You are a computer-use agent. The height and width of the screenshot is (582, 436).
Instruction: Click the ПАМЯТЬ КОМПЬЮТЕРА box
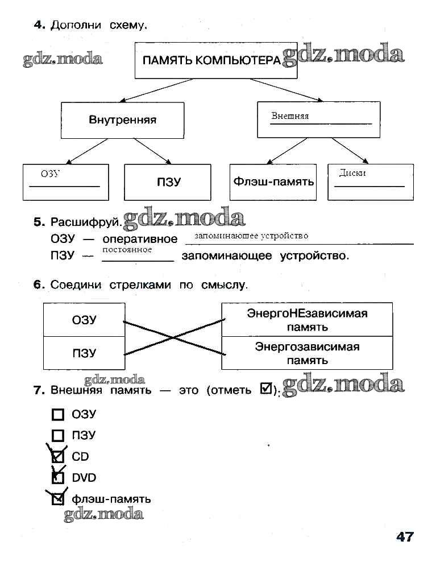click(215, 60)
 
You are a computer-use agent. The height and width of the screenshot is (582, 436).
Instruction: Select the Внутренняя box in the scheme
click(122, 120)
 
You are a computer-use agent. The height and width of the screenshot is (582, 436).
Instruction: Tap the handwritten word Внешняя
click(290, 116)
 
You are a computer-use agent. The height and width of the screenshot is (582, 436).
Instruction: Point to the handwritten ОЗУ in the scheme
click(50, 174)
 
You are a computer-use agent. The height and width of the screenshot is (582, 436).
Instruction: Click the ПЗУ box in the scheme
click(168, 182)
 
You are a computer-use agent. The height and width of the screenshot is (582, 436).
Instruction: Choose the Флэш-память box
click(273, 182)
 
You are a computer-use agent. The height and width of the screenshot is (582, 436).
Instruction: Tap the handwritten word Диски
click(352, 174)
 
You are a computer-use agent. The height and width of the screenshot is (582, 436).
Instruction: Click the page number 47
click(405, 536)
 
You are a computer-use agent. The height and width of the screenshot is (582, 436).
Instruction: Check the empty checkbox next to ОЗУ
click(57, 415)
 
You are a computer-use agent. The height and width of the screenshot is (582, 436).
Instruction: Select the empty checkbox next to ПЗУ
click(57, 436)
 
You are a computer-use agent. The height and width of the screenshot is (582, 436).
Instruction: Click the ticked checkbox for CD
click(57, 456)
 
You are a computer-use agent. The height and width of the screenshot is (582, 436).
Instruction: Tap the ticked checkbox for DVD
click(57, 477)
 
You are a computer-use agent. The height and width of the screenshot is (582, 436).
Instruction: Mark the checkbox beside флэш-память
click(57, 499)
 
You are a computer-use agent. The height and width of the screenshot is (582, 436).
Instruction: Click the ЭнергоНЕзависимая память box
click(307, 320)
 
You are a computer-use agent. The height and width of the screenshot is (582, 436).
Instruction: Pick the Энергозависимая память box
click(307, 353)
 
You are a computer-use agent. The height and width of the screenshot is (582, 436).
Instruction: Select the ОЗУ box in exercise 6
click(84, 320)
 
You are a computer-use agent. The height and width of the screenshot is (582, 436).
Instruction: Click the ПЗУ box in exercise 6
click(84, 353)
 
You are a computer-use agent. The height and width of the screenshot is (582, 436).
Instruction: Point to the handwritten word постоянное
click(127, 250)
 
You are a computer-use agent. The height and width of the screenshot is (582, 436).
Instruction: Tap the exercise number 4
click(39, 24)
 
